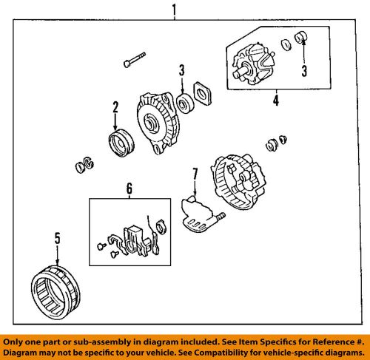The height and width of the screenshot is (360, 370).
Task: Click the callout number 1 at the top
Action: click(175, 10)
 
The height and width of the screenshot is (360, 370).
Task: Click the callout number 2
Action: click(115, 107)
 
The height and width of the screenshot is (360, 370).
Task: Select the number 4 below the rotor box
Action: click(276, 100)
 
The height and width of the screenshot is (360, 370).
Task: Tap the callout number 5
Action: click(57, 238)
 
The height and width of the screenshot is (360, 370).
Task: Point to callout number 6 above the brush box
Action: click(129, 189)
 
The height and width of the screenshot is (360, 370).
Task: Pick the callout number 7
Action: click(195, 174)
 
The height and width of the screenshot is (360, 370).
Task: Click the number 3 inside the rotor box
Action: click(304, 71)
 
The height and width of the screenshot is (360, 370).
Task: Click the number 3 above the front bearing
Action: click(182, 70)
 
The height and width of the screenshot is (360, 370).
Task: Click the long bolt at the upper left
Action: click(135, 60)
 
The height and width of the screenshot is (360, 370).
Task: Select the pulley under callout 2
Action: click(121, 143)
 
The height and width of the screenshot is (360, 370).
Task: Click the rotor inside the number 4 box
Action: click(254, 64)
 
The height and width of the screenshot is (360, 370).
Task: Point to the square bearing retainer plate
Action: click(203, 94)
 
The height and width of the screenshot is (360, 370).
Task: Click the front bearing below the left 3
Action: click(186, 103)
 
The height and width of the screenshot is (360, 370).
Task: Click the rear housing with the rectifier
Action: click(238, 181)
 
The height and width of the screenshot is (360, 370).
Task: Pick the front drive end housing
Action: click(158, 123)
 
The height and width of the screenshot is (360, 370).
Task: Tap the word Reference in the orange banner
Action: click(332, 342)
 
